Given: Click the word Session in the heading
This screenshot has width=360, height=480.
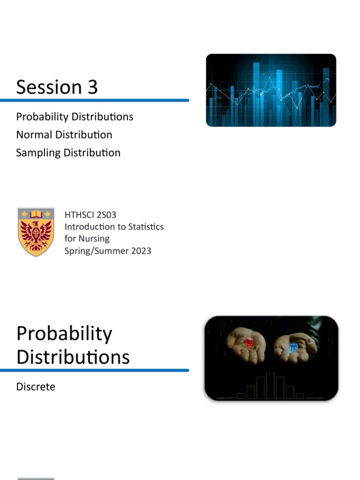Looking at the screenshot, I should click(49, 87).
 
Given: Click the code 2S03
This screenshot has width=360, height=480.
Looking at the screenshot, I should click(107, 215).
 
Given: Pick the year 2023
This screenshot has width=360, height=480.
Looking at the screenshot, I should click(140, 251).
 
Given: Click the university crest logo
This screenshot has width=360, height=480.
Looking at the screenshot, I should click(36, 231).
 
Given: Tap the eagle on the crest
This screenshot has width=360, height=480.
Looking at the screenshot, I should click(36, 234).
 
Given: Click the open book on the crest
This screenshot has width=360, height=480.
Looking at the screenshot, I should click(36, 215).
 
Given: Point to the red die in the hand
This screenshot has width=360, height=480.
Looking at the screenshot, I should click(248, 342).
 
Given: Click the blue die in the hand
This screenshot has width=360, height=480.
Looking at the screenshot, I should click(293, 347).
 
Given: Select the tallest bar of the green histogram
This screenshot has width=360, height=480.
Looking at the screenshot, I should click(270, 385).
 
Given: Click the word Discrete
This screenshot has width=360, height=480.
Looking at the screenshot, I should click(36, 387).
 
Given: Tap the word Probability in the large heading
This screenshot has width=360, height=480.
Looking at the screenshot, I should click(64, 334).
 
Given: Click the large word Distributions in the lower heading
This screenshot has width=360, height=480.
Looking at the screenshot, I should click(73, 357).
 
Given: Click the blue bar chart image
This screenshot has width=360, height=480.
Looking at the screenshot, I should click(271, 90).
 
